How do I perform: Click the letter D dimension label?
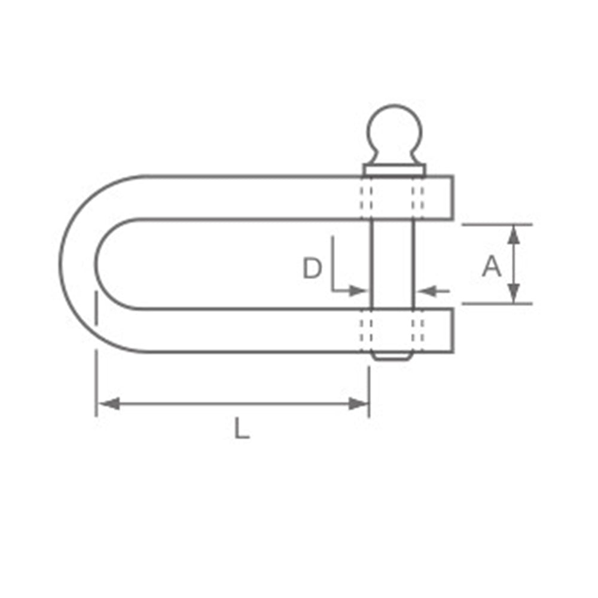coord(312,269)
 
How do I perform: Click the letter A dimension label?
coord(492,267)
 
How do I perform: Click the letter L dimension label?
coord(241,429)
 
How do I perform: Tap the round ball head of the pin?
coord(393,132)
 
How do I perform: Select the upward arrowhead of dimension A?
coord(514,234)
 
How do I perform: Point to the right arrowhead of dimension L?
coord(359,404)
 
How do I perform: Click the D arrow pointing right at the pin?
coord(358,291)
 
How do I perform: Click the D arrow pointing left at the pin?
coord(424,291)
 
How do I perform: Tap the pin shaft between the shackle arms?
coord(392,263)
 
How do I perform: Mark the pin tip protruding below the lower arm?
coord(392,356)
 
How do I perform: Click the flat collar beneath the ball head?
coord(393,170)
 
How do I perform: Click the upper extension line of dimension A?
coord(496,225)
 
